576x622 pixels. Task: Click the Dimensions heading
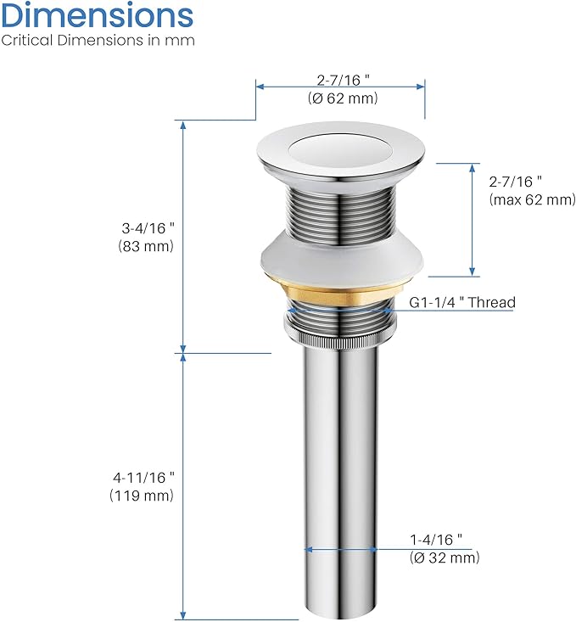click(98, 15)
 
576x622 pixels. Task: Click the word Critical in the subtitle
click(27, 40)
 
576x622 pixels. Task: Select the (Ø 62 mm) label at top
click(343, 98)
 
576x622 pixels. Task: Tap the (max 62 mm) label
click(533, 199)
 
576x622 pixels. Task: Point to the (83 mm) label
click(146, 246)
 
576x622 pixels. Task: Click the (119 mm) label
click(142, 496)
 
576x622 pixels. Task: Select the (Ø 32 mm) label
click(445, 558)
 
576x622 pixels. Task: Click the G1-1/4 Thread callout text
click(462, 302)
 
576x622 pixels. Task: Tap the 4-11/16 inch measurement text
click(143, 478)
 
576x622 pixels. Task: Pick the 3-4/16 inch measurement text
click(148, 228)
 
